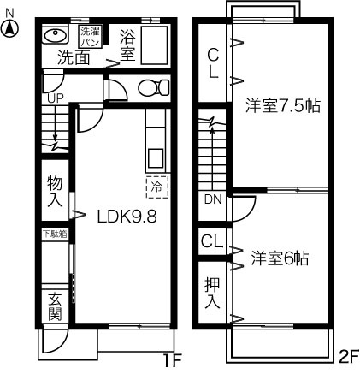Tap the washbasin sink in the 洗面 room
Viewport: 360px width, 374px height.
pos(55,35)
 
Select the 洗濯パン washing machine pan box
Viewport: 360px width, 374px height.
pos(90,37)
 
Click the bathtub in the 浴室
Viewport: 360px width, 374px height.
pos(154,45)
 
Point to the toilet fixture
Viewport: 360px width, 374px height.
pos(154,87)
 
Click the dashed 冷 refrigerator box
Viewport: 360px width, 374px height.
pos(157,187)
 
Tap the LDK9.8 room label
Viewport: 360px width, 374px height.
pos(127,217)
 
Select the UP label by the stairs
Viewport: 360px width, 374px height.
pos(55,98)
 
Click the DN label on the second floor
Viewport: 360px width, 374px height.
pos(213,199)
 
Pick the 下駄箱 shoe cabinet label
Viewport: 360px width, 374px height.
pos(55,234)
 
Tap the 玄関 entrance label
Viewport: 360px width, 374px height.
pos(55,306)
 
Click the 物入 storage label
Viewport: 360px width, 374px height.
pos(55,191)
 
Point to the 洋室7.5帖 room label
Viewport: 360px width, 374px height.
pos(283,106)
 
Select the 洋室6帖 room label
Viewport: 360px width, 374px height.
pos(280,258)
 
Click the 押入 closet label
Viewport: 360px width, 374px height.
pos(212,294)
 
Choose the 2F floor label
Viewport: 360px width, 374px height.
pos(349,356)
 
